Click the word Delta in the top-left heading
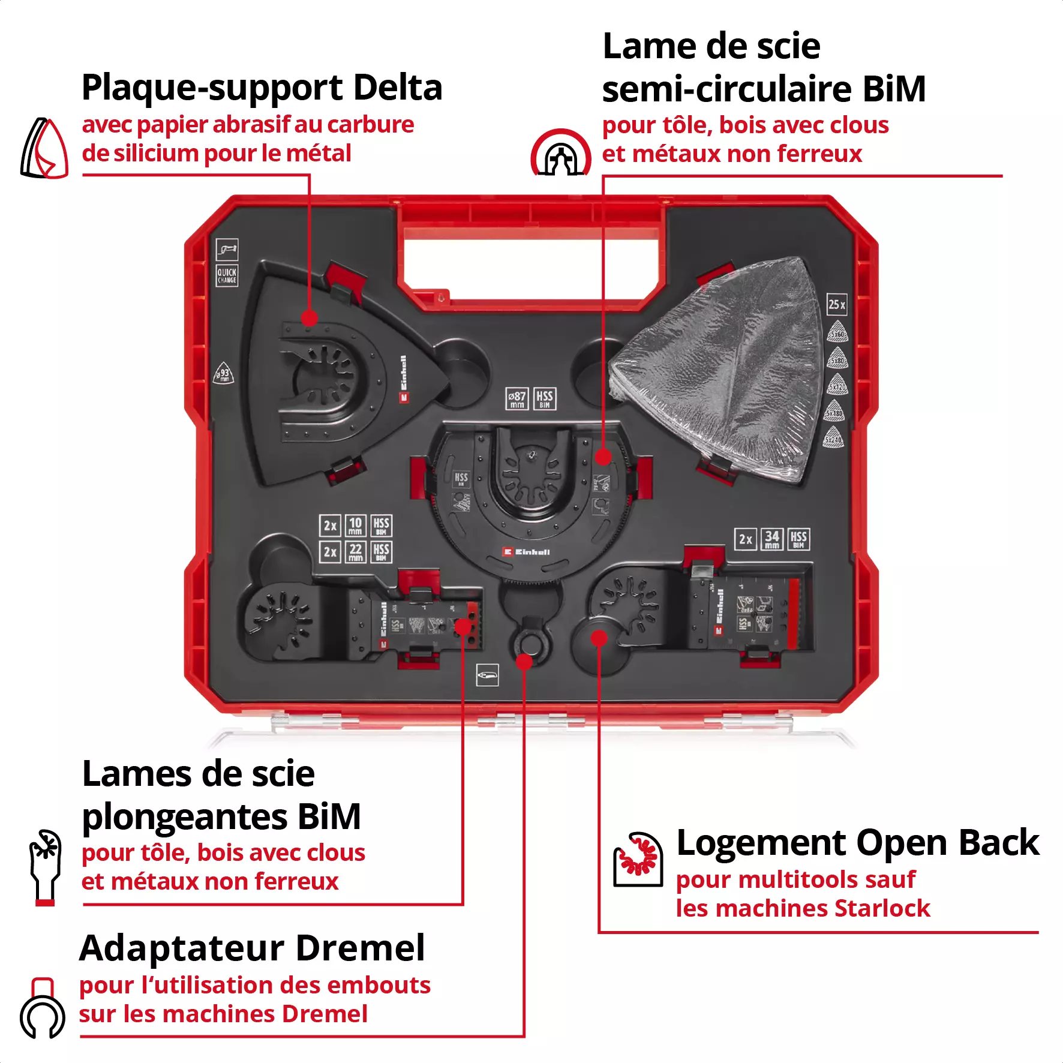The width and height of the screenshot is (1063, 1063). [x=397, y=88]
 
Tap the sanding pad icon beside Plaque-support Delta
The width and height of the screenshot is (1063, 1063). [x=45, y=149]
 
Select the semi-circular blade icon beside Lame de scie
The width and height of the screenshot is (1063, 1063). [x=560, y=154]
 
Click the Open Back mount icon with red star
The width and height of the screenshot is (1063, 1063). [x=638, y=859]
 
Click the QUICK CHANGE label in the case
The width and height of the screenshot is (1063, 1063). [x=227, y=275]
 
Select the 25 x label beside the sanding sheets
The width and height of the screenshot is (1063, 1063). [x=837, y=304]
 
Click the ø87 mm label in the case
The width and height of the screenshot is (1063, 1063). [x=517, y=398]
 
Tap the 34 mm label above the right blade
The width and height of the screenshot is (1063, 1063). [x=772, y=539]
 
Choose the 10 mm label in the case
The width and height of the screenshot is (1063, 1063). [x=355, y=526]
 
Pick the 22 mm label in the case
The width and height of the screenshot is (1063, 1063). [x=355, y=552]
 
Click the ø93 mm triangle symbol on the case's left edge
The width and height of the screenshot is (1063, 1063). [x=223, y=373]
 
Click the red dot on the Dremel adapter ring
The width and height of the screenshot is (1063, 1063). [x=524, y=662]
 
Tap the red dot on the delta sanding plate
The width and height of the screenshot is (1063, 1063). [x=309, y=318]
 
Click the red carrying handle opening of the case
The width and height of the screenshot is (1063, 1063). [x=530, y=264]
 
